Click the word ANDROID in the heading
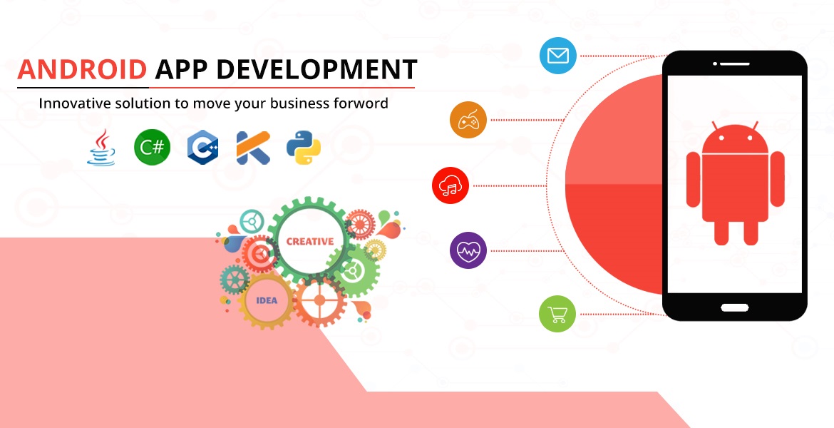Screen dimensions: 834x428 [x=82, y=69]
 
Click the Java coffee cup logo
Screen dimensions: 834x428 [x=101, y=147]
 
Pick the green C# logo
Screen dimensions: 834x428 [x=152, y=147]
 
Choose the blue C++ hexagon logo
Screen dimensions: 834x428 [x=202, y=147]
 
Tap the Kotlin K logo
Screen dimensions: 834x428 [x=253, y=148]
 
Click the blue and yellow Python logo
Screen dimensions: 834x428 [x=303, y=148]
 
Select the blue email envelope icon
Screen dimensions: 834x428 [x=558, y=56]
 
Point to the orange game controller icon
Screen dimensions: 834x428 [x=468, y=121]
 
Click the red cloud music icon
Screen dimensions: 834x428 [x=451, y=185]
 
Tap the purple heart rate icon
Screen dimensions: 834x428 [x=468, y=250]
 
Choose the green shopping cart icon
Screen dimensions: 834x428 [x=557, y=314]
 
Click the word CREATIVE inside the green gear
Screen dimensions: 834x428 [x=310, y=241]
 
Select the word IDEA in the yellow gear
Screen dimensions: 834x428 [x=267, y=300]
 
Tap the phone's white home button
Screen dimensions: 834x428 [x=734, y=307]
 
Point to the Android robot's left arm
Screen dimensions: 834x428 [x=693, y=179]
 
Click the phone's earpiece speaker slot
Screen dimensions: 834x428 [x=734, y=64]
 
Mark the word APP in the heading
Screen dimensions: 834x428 [x=181, y=69]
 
